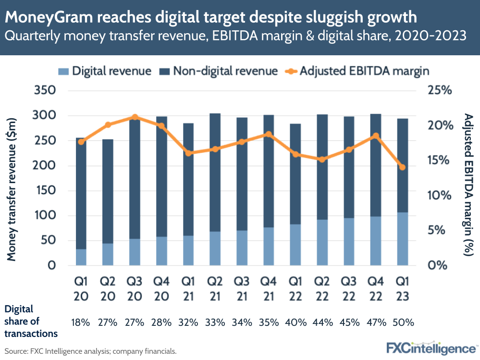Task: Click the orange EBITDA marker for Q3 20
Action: click(x=135, y=117)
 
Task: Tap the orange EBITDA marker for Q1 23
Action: click(x=403, y=167)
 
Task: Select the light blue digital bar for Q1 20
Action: click(x=81, y=257)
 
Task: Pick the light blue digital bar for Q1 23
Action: click(x=403, y=239)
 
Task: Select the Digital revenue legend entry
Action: click(x=106, y=71)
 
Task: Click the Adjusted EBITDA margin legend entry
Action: click(x=356, y=71)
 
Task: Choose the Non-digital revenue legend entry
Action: click(x=219, y=71)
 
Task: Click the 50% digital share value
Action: click(x=403, y=323)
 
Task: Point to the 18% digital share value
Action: click(x=81, y=323)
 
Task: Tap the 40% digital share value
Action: click(x=295, y=323)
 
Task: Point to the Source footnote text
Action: click(x=91, y=351)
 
